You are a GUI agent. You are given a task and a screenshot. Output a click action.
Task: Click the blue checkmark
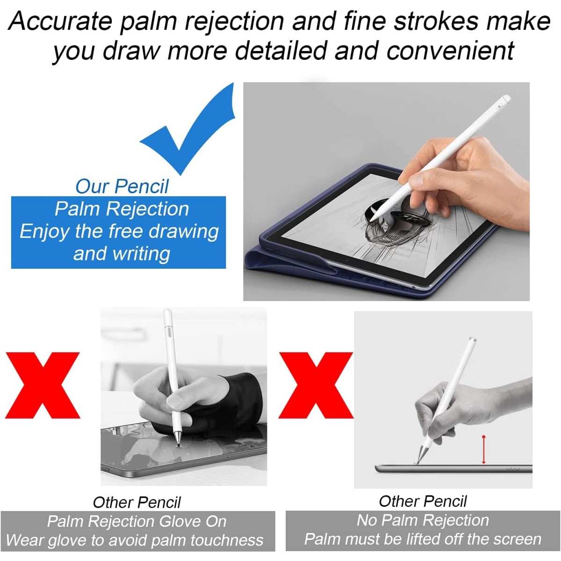187,136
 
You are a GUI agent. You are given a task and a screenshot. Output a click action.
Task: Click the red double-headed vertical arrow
483,449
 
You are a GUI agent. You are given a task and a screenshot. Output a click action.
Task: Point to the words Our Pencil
122,186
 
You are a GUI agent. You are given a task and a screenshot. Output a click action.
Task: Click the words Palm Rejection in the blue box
122,209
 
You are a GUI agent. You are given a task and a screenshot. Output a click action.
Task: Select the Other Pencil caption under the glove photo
137,502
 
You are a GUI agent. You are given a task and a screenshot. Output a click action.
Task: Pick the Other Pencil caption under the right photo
423,501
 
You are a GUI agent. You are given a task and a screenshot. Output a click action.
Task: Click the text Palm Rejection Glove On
137,521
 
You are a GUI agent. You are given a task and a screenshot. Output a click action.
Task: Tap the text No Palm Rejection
423,520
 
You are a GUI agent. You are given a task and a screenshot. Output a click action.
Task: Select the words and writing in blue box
122,253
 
